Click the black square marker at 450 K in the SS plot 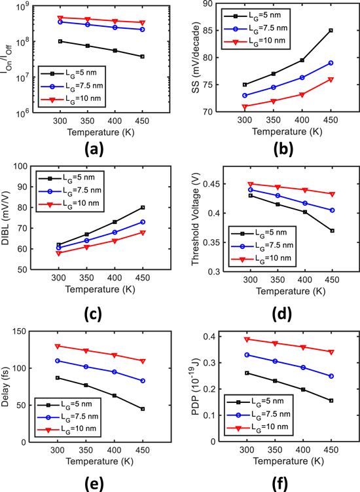coord(331,30)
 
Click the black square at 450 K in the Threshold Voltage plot coord(331,231)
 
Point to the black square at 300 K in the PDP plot coord(246,373)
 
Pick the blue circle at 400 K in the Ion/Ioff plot coord(115,28)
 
